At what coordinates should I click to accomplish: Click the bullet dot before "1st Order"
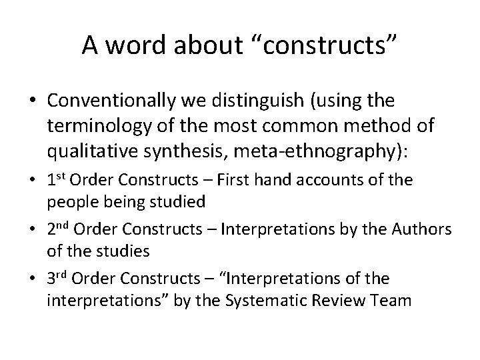tap(33, 181)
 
